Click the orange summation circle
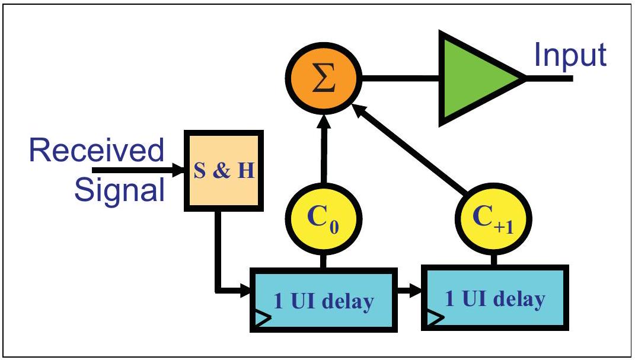[x=324, y=78]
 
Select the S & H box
[x=224, y=170]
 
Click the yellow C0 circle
[x=324, y=218]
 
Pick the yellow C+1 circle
[x=493, y=218]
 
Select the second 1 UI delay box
[x=495, y=298]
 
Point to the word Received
[x=97, y=150]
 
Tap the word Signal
[x=120, y=190]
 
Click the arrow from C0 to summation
[x=324, y=149]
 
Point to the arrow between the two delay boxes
[x=410, y=290]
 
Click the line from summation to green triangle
[x=401, y=78]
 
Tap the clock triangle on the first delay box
[x=261, y=319]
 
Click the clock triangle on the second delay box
[x=433, y=317]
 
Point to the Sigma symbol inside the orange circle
[x=324, y=79]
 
